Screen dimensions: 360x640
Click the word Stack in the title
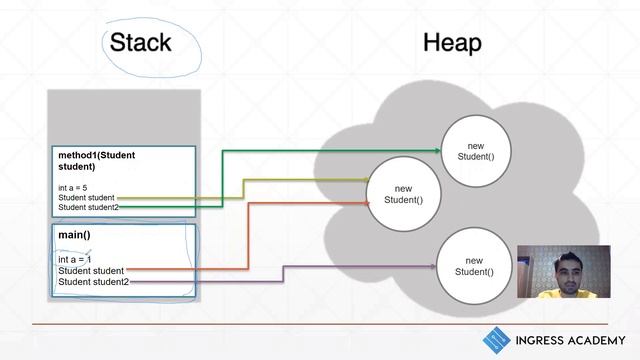tap(140, 43)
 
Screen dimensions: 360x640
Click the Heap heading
tap(452, 43)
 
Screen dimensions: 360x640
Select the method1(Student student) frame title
tap(96, 161)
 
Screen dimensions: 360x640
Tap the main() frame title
tap(75, 235)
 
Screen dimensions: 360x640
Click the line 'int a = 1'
tap(75, 259)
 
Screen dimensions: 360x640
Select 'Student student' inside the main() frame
tap(91, 271)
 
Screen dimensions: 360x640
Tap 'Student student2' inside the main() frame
tap(93, 282)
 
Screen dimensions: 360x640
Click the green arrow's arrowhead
tap(437, 151)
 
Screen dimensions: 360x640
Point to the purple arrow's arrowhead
tap(433, 266)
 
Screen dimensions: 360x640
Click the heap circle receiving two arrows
tap(403, 194)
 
